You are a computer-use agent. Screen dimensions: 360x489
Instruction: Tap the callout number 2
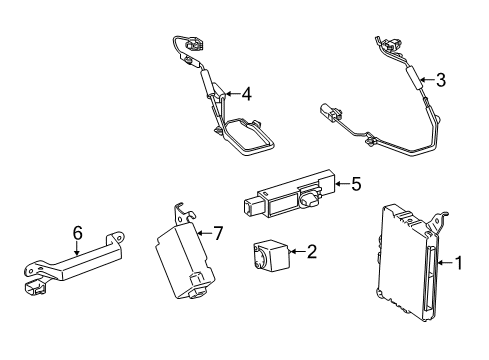pos(311,252)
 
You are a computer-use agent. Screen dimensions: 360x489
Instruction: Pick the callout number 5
pos(353,183)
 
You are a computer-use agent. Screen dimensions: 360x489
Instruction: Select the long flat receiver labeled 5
pos(287,198)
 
